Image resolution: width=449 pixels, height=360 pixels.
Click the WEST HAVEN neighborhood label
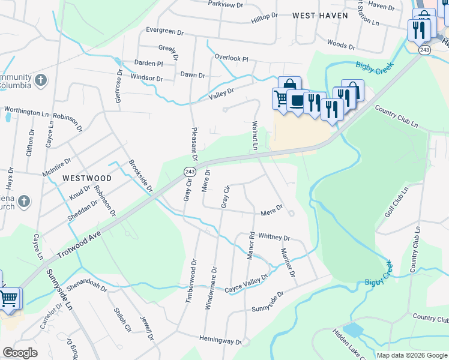click(318, 17)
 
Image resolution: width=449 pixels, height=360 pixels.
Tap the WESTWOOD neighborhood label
click(87, 178)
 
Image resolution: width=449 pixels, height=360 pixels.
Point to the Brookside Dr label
click(142, 176)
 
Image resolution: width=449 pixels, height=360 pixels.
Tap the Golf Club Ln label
click(397, 201)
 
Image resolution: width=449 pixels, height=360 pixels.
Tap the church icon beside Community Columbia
click(40, 80)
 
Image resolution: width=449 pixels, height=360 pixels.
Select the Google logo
click(20, 353)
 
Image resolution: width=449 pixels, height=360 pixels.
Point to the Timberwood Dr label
click(193, 280)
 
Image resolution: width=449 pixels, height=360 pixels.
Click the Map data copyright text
click(412, 355)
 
